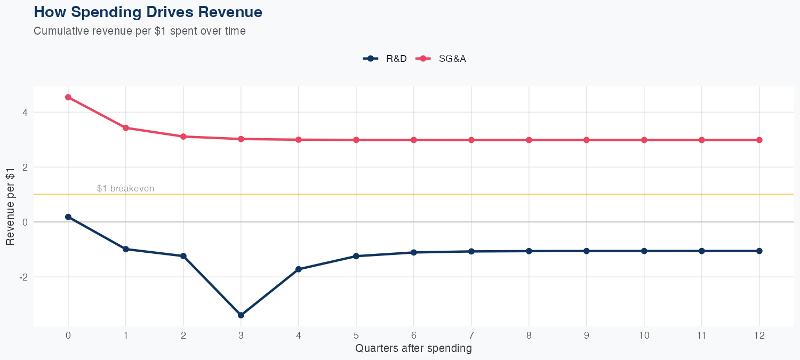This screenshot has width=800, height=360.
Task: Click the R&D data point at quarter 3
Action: pos(241,315)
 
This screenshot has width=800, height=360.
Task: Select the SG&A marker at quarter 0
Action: pos(68,97)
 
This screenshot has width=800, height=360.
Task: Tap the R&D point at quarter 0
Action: pos(68,217)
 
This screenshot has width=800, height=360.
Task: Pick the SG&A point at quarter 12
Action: pos(759,140)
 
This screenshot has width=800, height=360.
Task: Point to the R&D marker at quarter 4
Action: pos(299,269)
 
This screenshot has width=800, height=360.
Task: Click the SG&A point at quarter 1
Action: pos(126,128)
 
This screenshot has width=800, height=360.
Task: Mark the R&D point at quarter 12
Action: pos(759,251)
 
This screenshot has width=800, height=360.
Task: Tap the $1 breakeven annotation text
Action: pos(125,188)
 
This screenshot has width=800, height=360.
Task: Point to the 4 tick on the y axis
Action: pos(24,112)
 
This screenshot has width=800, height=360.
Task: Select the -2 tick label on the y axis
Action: pos(23,277)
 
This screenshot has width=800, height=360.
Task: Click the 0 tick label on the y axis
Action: pos(24,222)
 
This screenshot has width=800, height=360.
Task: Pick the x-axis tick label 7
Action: pos(471,335)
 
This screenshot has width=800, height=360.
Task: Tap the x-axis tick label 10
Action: pos(644,335)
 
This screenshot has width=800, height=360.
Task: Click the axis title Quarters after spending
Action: pos(413,349)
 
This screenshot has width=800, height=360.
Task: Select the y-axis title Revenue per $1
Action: pos(11,206)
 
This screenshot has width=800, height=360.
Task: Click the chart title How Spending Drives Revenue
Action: pos(148,12)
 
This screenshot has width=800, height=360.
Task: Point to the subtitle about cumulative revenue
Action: pos(140,31)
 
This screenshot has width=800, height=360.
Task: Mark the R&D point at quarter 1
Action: pos(126,249)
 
